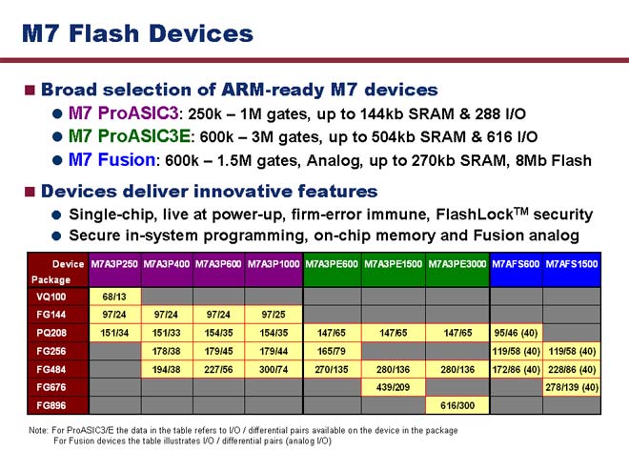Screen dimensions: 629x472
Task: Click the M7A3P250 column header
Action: coord(114,264)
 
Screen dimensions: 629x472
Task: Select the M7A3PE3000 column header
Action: coord(457,264)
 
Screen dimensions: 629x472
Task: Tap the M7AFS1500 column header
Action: coord(572,264)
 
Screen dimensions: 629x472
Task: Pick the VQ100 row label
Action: coord(51,297)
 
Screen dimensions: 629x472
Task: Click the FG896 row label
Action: coord(51,405)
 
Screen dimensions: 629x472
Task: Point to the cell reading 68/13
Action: coord(114,297)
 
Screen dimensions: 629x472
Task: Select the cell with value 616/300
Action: coord(457,405)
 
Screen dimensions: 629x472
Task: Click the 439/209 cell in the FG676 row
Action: coord(393,387)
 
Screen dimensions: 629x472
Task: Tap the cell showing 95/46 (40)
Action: coord(516,333)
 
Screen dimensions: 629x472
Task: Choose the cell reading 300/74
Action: coord(274,369)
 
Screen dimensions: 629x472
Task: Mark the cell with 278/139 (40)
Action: coord(572,387)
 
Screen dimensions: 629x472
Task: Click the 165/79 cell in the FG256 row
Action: coord(332,351)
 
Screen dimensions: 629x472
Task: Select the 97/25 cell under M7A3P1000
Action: coord(274,315)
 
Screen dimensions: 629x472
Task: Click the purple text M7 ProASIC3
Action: coord(123,113)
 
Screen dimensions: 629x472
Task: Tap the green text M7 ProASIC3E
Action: coord(130,136)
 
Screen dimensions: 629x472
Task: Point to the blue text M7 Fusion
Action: coord(112,160)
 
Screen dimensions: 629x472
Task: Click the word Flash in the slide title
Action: coord(104,33)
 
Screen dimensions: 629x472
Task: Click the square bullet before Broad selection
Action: coord(30,90)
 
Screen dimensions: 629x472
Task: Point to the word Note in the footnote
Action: coord(38,431)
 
